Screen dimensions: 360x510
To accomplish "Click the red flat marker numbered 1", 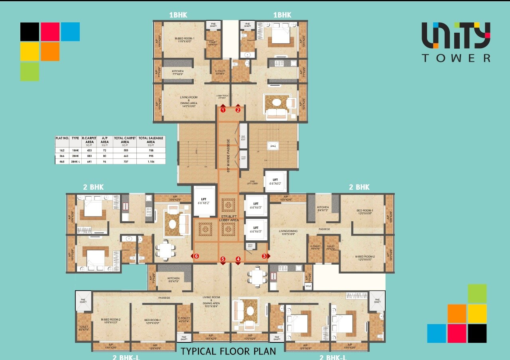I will tap(223, 110).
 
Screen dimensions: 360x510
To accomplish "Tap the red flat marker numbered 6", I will tap(197, 256).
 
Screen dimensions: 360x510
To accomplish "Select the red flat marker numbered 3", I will tap(264, 256).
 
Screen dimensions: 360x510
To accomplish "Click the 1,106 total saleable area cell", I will tap(151, 161).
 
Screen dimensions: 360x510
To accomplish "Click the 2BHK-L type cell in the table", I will tap(75, 161).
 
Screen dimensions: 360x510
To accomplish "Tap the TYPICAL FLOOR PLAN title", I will tap(228, 351).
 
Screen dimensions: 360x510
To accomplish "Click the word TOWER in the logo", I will tap(456, 58).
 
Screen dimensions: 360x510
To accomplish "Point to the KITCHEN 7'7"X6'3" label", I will tap(178, 73).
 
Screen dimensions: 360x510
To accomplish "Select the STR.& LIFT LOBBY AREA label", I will tap(229, 218).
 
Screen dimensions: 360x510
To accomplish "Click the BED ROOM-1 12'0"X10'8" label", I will tap(364, 212).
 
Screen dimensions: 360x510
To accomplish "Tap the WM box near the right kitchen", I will tap(308, 286).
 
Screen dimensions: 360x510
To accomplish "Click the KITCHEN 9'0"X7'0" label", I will tap(173, 280).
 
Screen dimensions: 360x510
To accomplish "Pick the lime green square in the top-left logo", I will tap(30, 72).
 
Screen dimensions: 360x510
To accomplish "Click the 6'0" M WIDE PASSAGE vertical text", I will tap(228, 155).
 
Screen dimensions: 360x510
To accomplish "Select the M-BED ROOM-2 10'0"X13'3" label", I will tap(111, 321).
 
